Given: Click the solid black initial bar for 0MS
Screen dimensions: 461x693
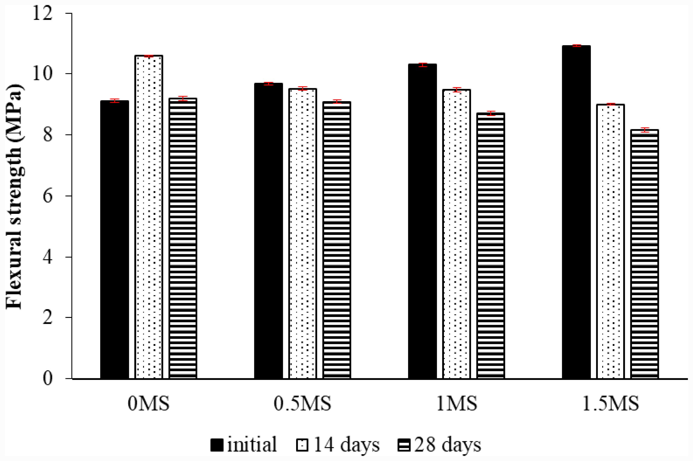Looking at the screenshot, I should (114, 240).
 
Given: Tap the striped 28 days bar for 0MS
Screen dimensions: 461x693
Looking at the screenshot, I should (183, 238).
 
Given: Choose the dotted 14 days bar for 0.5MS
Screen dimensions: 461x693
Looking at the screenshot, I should (303, 233).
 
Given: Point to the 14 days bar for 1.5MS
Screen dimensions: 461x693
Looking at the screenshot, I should (610, 241).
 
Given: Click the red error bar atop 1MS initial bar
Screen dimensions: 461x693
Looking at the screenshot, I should (423, 65).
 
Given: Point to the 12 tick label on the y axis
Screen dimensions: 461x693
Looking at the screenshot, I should (42, 13).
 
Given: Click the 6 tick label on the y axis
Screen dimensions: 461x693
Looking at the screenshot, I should (47, 196).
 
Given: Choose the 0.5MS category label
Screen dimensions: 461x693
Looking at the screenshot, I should (302, 404).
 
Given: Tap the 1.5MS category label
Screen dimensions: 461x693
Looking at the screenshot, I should (610, 404).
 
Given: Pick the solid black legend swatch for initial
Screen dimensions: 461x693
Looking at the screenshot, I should (217, 445).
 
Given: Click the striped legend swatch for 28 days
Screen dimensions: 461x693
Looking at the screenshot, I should (403, 445).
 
